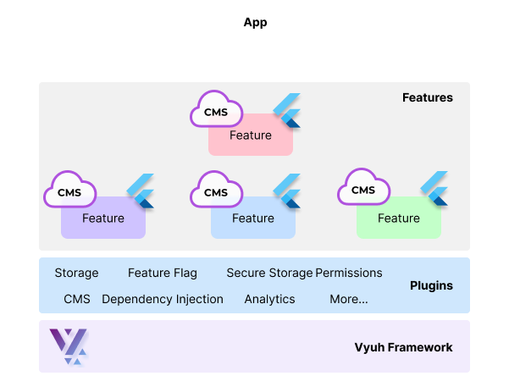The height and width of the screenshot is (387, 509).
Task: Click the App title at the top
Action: tap(255, 23)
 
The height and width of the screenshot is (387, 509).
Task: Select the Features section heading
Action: tap(427, 97)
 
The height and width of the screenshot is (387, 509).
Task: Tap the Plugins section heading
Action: tap(430, 285)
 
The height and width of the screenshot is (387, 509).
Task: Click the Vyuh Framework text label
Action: tap(403, 347)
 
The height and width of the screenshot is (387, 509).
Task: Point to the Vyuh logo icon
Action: tap(68, 346)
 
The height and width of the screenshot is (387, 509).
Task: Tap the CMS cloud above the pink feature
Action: tap(216, 111)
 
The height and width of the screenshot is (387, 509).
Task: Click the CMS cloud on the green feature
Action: tap(363, 190)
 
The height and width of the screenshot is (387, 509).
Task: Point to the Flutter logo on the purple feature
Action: tap(140, 191)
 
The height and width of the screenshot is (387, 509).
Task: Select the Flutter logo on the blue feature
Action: tap(288, 191)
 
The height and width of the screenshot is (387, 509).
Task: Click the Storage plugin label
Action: tap(76, 273)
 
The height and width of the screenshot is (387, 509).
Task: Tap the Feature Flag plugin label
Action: tap(163, 273)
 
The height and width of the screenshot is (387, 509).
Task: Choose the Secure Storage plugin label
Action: tap(269, 273)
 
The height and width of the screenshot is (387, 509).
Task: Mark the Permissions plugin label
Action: tap(349, 273)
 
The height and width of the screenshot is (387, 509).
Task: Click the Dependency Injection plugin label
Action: tap(163, 299)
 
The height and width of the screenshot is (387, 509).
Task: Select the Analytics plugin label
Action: tap(269, 299)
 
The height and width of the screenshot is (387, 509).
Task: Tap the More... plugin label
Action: tap(349, 299)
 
